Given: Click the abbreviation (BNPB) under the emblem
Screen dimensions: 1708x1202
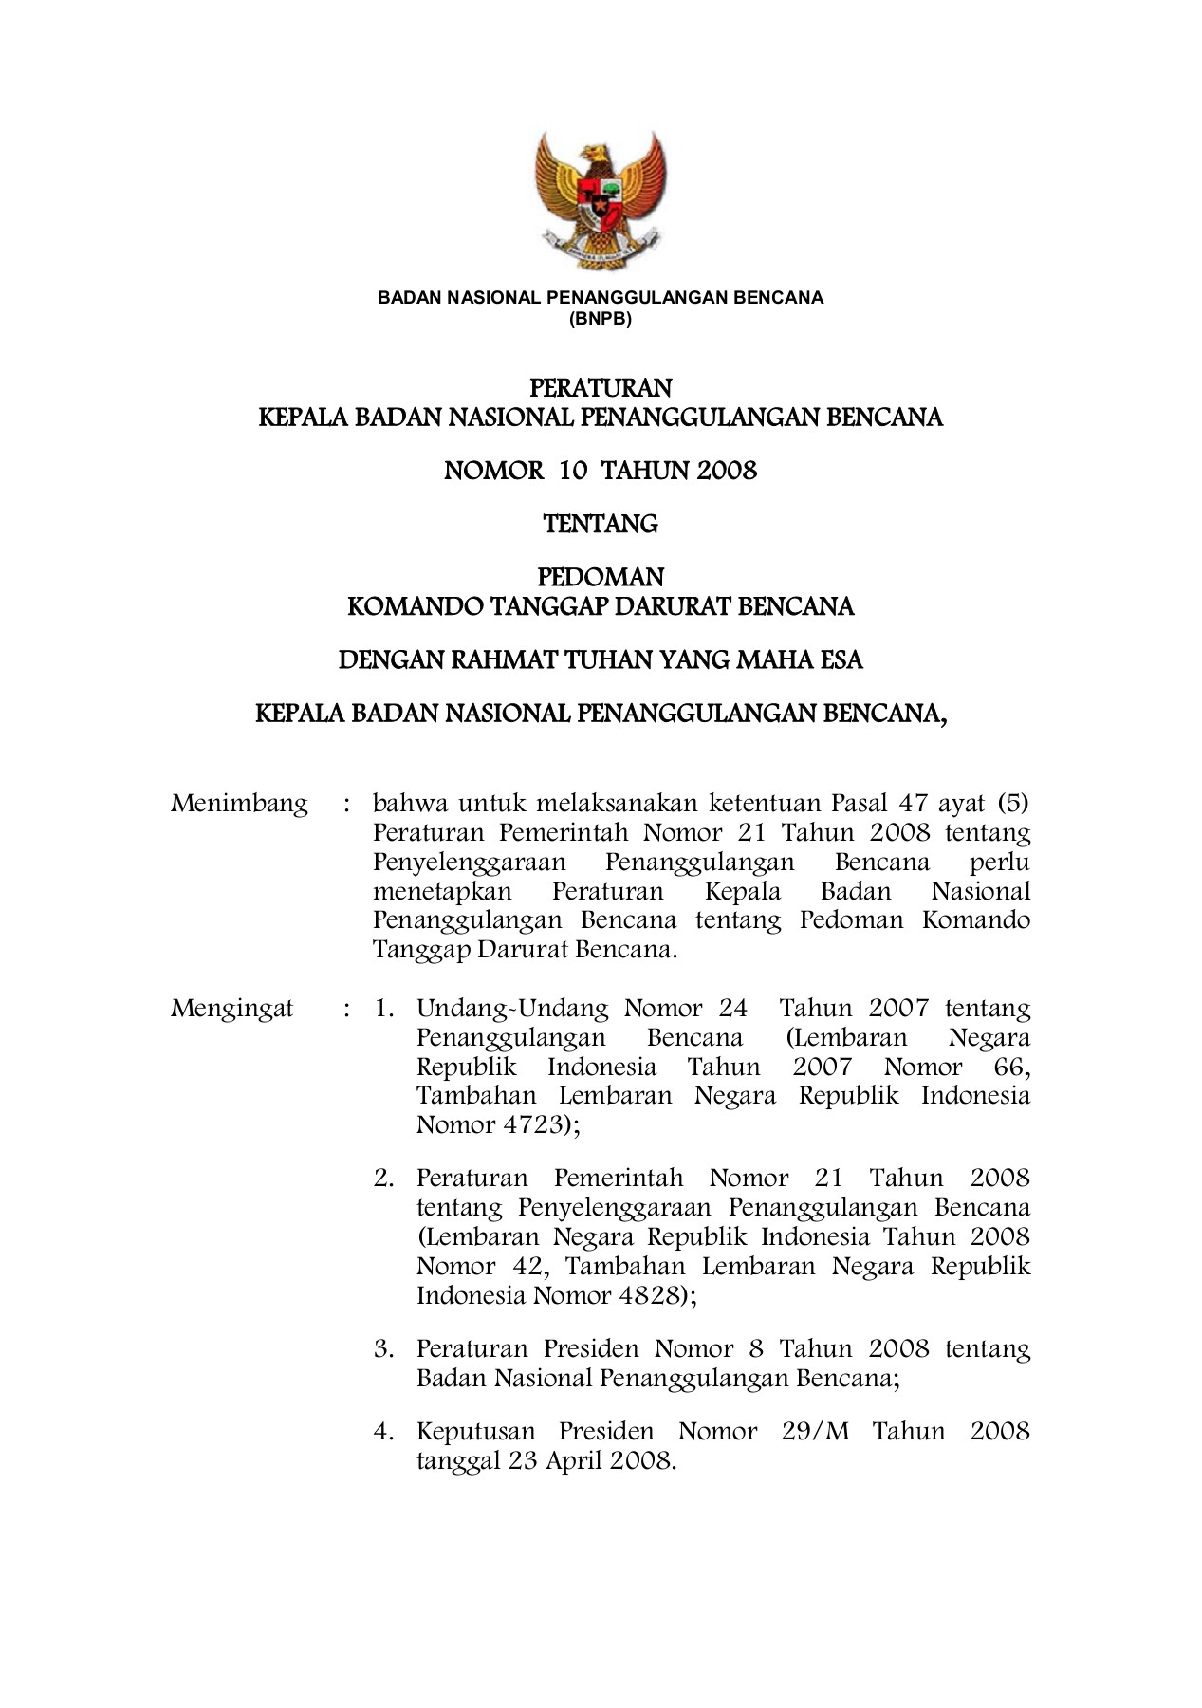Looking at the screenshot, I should pyautogui.click(x=601, y=318).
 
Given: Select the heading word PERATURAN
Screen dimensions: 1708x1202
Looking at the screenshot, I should pyautogui.click(x=601, y=388).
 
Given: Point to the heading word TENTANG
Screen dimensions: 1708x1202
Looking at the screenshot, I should pyautogui.click(x=601, y=524).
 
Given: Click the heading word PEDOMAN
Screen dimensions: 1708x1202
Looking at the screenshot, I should pyautogui.click(x=601, y=577).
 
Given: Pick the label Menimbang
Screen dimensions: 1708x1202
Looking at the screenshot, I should pyautogui.click(x=239, y=805).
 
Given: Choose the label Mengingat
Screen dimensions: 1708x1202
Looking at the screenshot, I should pyautogui.click(x=232, y=1008).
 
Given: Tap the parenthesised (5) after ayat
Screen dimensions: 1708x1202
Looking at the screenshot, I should pyautogui.click(x=1013, y=804).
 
